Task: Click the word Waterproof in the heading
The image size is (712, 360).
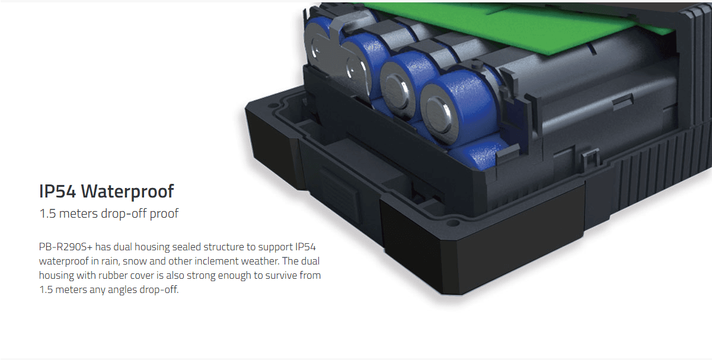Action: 127,192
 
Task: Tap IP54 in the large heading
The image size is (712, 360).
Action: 58,191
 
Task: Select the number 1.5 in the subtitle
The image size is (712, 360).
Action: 47,214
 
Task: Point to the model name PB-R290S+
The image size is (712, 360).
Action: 66,247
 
